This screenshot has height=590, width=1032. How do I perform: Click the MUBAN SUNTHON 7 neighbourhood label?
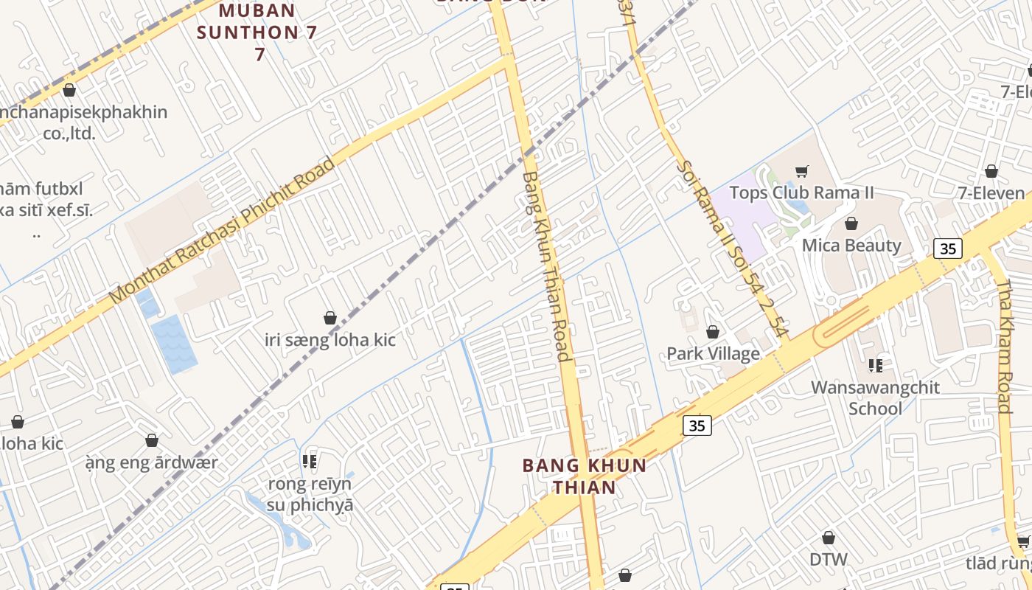click(x=248, y=32)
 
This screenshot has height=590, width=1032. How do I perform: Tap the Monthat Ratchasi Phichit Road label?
click(x=221, y=230)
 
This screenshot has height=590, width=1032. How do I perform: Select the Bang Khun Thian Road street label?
click(x=545, y=265)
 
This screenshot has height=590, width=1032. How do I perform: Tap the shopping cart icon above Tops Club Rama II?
click(x=802, y=171)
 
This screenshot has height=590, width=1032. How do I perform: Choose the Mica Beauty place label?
click(x=851, y=246)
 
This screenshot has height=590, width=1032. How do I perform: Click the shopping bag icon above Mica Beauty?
click(x=851, y=223)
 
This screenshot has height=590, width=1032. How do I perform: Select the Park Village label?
click(x=713, y=353)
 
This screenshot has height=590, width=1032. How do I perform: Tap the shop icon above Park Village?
click(x=713, y=332)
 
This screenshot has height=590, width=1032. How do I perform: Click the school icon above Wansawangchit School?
click(x=875, y=365)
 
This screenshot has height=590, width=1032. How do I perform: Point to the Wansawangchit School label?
click(x=875, y=398)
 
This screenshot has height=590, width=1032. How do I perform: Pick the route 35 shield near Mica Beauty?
click(x=948, y=249)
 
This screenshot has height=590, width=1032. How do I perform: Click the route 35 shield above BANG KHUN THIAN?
click(x=696, y=425)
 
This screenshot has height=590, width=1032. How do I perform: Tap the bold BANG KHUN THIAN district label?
click(x=585, y=476)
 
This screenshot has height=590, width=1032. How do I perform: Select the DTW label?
click(x=829, y=559)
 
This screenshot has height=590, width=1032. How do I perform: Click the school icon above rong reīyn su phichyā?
click(x=310, y=462)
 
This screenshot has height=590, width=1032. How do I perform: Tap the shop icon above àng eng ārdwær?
click(x=152, y=440)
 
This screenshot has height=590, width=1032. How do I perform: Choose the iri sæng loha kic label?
click(x=330, y=340)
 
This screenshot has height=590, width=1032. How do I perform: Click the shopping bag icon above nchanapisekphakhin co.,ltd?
click(x=69, y=90)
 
